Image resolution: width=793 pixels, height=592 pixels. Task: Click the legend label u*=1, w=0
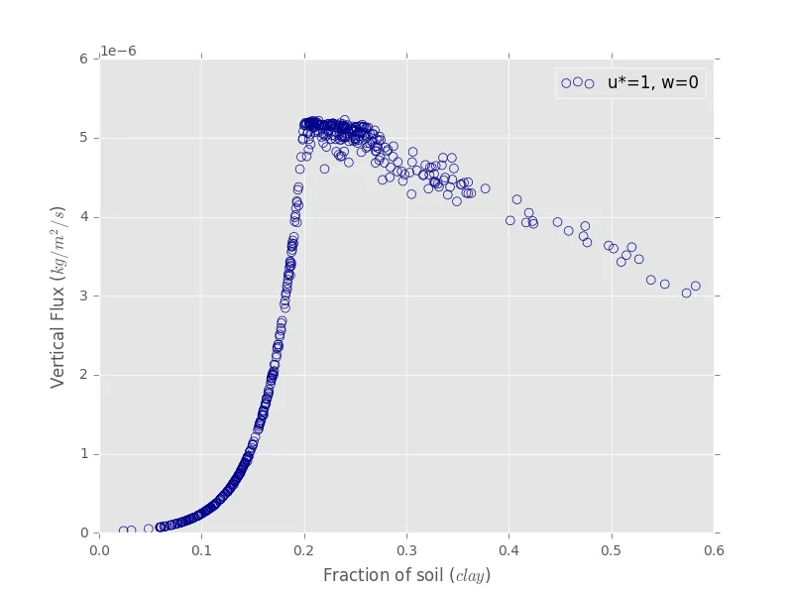tap(652, 83)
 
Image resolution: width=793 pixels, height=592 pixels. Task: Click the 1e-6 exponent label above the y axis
tap(121, 52)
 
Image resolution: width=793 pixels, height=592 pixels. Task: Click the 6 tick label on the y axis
tap(86, 59)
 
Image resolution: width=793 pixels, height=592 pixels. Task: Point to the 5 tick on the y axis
tap(86, 138)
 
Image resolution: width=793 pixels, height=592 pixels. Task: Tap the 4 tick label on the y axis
tap(86, 217)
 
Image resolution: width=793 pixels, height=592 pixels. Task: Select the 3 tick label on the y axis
tap(86, 296)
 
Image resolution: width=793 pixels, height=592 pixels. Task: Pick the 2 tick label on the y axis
tap(86, 375)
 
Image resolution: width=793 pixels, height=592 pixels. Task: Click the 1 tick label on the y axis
tap(86, 454)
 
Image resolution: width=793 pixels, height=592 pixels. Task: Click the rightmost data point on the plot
tap(695, 286)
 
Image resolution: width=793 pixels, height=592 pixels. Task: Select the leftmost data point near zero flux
tap(123, 531)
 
